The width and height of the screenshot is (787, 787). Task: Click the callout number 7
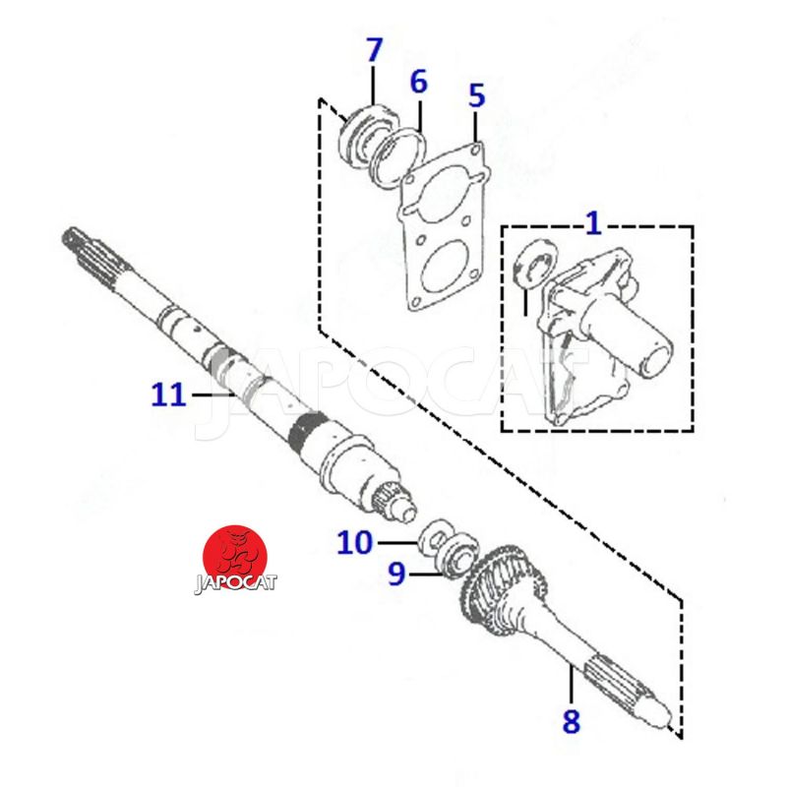pos(375,50)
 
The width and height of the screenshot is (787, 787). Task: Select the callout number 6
pos(419,82)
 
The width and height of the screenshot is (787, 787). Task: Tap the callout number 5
pos(476,95)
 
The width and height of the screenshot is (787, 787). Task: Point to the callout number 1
pos(594,223)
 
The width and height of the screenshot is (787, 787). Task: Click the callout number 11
pos(168,394)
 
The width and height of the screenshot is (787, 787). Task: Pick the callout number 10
pos(355,542)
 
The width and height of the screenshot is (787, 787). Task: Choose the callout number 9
pos(396,574)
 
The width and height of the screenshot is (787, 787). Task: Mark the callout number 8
pos(572,721)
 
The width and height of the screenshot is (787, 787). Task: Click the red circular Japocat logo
pos(234,556)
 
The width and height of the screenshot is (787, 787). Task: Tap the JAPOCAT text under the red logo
pos(235,584)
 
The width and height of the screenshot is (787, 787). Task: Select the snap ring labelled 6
pos(399,157)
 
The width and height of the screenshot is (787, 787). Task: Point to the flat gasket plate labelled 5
pos(442,227)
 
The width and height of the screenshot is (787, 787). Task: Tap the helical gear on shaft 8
pos(503,584)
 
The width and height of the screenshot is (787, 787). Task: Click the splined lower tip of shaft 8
pos(629,692)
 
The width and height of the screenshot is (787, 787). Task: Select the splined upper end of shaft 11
pos(95,255)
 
